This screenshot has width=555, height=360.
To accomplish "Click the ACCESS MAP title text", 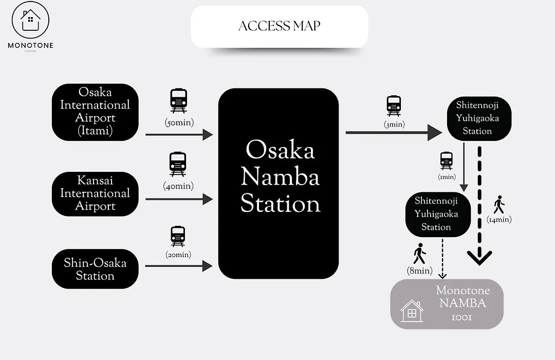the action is (279, 26).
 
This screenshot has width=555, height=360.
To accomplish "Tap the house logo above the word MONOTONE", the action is (30, 20).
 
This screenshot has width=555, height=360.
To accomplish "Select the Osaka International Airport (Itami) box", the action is (95, 112).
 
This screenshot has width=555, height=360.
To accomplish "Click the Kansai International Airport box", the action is (95, 194).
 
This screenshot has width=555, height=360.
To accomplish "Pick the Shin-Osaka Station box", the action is (95, 269).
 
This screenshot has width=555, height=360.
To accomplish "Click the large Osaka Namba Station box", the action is (279, 184).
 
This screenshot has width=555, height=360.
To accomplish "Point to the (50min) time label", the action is (179, 122).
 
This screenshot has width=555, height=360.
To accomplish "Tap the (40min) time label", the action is (178, 186).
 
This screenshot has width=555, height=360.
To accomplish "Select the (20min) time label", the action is (178, 255).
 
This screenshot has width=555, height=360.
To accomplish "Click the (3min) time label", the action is (394, 124).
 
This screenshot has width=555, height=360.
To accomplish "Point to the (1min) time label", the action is (447, 176).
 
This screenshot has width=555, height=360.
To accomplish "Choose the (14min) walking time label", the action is (499, 220).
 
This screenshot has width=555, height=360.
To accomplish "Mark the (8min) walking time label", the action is (420, 271).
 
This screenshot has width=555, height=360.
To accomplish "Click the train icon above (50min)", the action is (178, 101).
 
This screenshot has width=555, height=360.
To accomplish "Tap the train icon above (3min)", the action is (394, 105).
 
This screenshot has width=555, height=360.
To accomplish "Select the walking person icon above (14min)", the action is (499, 205).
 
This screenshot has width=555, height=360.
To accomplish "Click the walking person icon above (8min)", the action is (420, 254).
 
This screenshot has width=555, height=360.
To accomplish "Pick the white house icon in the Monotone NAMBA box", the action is (412, 311).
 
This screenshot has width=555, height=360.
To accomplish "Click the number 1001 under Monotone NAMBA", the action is (462, 317).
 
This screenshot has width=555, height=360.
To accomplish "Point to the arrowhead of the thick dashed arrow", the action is (479, 258).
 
